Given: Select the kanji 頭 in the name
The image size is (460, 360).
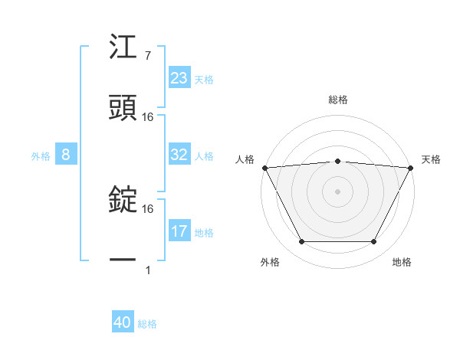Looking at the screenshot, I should pyautogui.click(x=123, y=107).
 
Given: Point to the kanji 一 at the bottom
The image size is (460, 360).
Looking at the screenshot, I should pyautogui.click(x=123, y=260).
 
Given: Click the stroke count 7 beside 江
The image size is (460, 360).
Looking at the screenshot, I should pyautogui.click(x=147, y=57).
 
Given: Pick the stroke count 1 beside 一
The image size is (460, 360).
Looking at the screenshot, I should pyautogui.click(x=147, y=270).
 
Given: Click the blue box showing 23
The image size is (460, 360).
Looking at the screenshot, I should pyautogui.click(x=179, y=78).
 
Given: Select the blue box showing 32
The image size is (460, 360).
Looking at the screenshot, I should pyautogui.click(x=179, y=155).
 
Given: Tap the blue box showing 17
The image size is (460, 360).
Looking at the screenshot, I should pyautogui.click(x=179, y=231).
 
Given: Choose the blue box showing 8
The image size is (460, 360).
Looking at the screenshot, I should pyautogui.click(x=66, y=155).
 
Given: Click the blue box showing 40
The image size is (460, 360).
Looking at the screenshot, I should pyautogui.click(x=123, y=323).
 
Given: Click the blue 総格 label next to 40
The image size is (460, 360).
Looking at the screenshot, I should pyautogui.click(x=147, y=324).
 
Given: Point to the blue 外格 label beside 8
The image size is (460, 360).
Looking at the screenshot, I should pyautogui.click(x=41, y=155).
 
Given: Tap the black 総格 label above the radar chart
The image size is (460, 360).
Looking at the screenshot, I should pyautogui.click(x=337, y=100).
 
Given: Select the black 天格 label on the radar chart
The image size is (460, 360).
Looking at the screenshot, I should pyautogui.click(x=432, y=159).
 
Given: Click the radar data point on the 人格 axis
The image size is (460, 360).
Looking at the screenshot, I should pyautogui.click(x=264, y=167).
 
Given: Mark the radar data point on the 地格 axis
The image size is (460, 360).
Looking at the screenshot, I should pyautogui.click(x=374, y=242).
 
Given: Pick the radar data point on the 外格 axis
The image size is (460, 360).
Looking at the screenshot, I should pyautogui.click(x=301, y=242).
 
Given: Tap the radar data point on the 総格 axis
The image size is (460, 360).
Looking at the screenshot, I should pyautogui.click(x=337, y=161).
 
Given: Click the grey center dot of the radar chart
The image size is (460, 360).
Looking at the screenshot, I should pyautogui.click(x=337, y=191).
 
